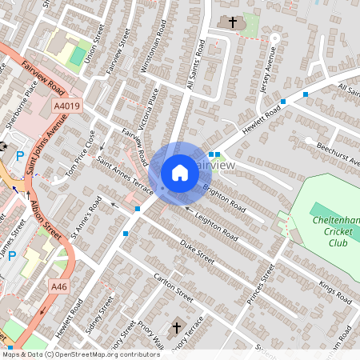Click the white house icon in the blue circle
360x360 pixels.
coord(180,172)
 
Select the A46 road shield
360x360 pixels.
coord(58,286)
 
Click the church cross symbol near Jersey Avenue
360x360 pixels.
coord(232,22)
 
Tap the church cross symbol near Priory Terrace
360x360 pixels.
coord(177,327)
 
